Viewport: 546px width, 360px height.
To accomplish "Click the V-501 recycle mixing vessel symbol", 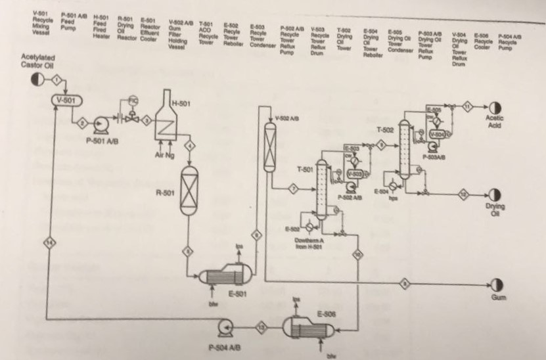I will [65, 100].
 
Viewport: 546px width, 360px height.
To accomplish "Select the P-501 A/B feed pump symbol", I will [101, 124].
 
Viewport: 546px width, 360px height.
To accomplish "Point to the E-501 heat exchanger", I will [227, 275].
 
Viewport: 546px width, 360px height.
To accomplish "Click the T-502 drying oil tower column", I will [403, 148].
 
